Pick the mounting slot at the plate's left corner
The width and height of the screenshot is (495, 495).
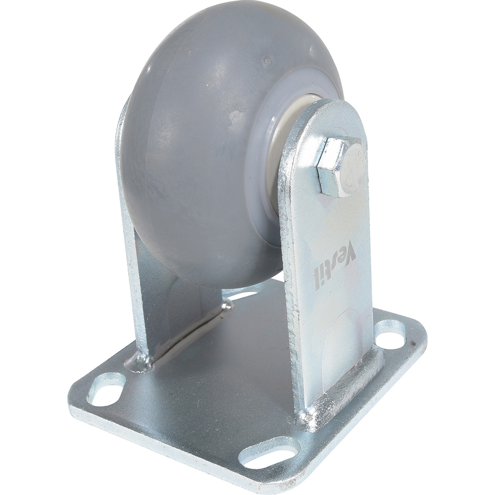[106, 389]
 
